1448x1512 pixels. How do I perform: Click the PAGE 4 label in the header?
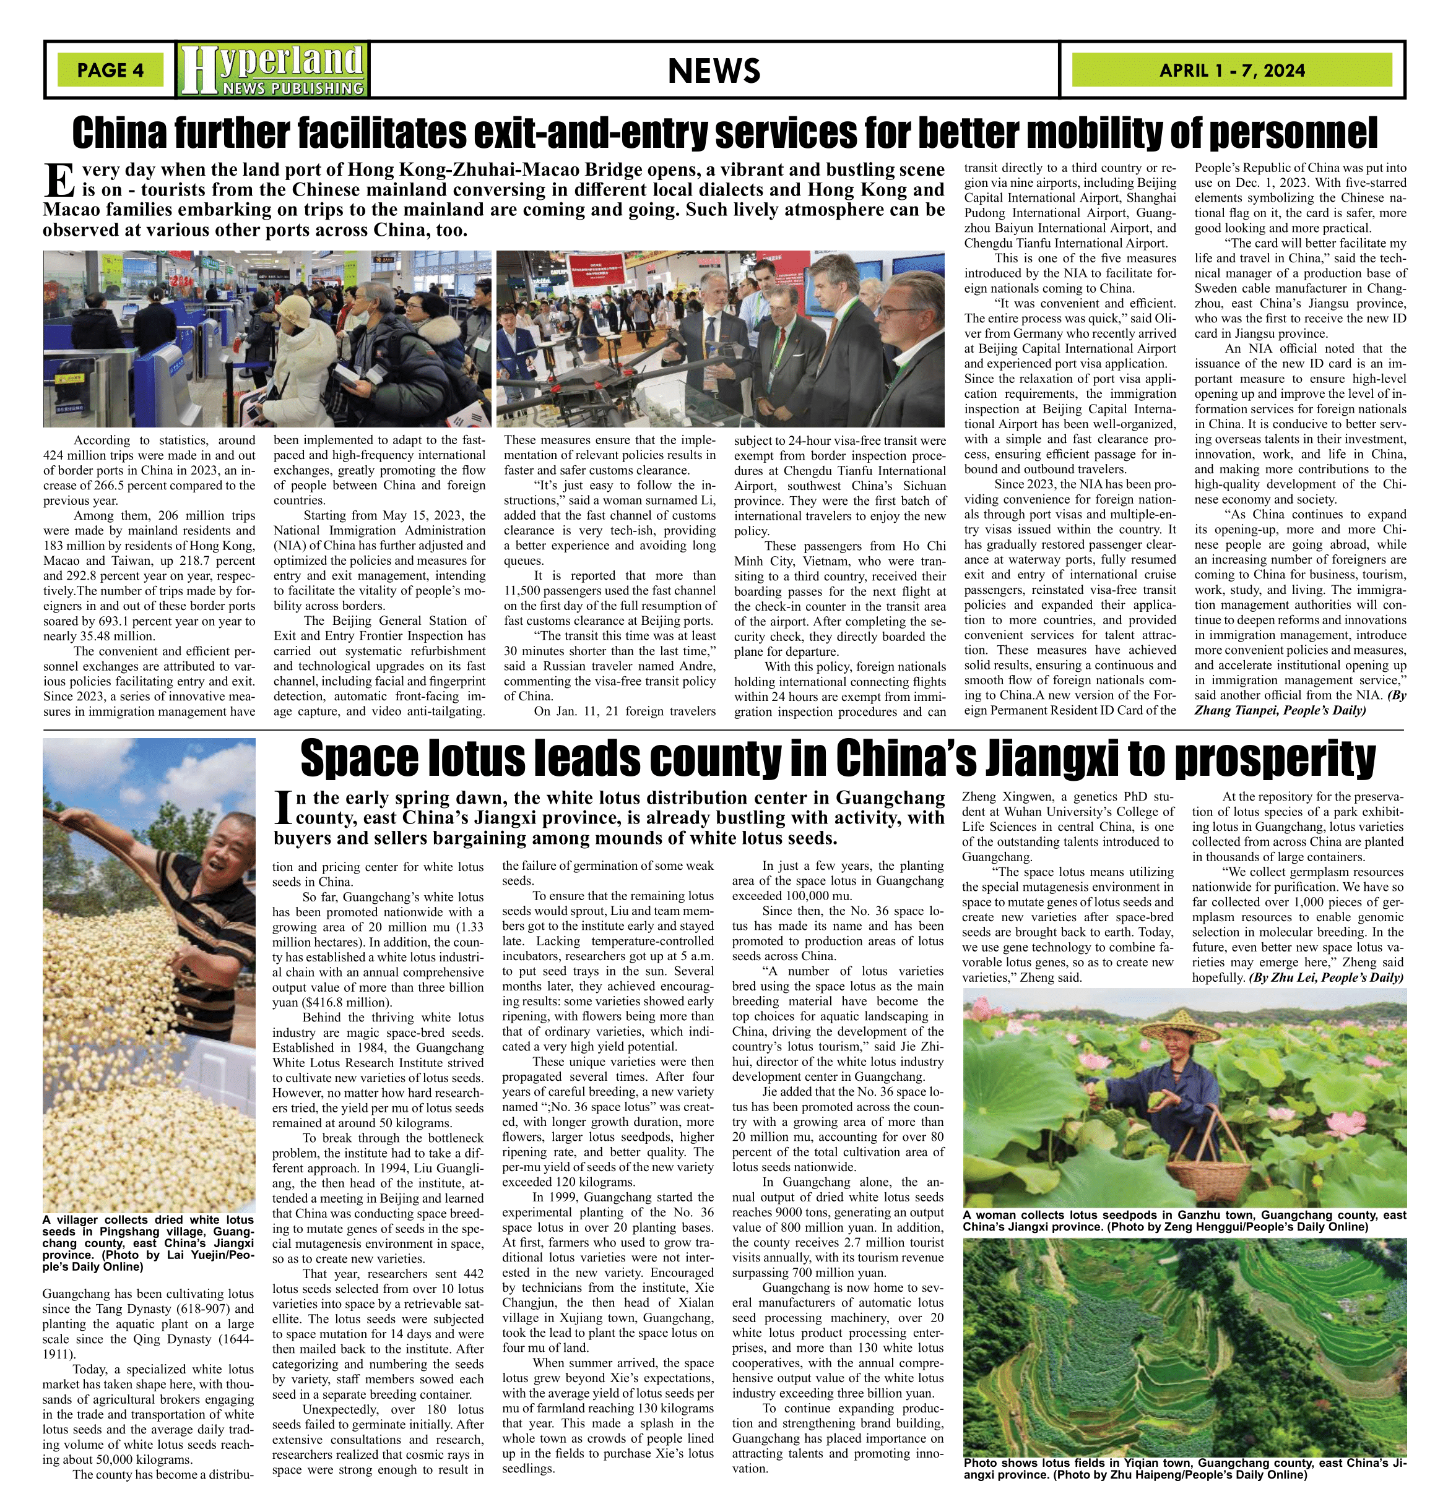coord(110,70)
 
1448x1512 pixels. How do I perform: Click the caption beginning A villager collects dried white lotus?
coord(148,1243)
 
